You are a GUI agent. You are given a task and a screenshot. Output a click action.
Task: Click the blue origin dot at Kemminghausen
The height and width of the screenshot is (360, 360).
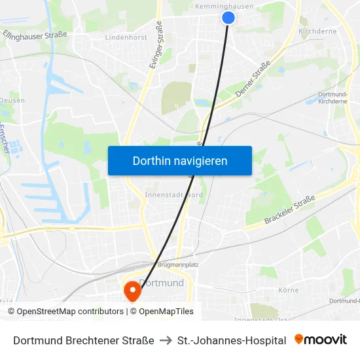(x=228, y=18)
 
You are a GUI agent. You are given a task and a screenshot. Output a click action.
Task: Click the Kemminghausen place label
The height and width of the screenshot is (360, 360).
(x=225, y=7)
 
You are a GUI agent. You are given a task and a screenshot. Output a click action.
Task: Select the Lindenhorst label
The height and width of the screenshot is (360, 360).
(x=126, y=37)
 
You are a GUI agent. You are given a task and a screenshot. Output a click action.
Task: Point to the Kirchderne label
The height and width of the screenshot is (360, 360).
(x=317, y=31)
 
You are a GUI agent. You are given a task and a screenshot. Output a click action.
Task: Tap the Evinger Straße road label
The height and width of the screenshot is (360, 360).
(x=158, y=43)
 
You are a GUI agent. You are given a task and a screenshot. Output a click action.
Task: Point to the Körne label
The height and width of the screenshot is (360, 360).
(x=288, y=290)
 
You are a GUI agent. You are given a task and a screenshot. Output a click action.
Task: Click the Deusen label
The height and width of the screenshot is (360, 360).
(x=12, y=100)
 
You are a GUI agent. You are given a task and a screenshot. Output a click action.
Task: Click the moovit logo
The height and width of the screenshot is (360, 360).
(x=321, y=340)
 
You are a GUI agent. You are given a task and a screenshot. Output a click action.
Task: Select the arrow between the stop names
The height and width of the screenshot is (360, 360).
(x=166, y=340)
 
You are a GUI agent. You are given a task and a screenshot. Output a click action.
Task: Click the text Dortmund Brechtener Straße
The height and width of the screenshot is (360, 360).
(x=84, y=340)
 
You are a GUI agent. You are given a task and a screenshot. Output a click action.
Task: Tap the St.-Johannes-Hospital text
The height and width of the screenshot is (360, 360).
(x=232, y=340)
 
